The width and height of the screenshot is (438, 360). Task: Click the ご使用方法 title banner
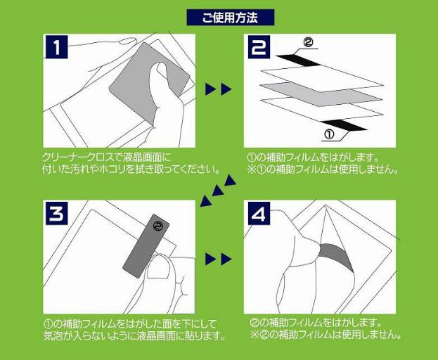click(x=231, y=18)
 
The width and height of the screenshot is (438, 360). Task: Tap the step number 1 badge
click(x=56, y=46)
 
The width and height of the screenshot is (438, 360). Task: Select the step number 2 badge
click(x=259, y=47)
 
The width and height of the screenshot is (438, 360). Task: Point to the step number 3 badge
click(x=56, y=213)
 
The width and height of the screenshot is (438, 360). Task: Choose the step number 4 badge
click(x=259, y=213)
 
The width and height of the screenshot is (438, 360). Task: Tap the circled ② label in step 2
click(x=308, y=42)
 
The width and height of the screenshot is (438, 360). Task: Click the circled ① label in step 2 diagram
click(x=329, y=134)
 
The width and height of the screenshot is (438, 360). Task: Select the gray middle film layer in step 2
click(x=321, y=94)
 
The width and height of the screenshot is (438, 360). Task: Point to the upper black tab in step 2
click(x=298, y=60)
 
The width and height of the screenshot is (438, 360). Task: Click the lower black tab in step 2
click(x=344, y=125)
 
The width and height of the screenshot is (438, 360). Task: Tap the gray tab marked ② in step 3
click(x=146, y=246)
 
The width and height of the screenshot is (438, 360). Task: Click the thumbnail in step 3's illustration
click(x=158, y=267)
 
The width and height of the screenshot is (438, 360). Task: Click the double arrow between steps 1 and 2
click(x=219, y=89)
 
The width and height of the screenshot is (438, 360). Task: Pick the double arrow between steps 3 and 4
click(x=219, y=259)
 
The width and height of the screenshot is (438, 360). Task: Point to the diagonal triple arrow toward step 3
click(x=218, y=191)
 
